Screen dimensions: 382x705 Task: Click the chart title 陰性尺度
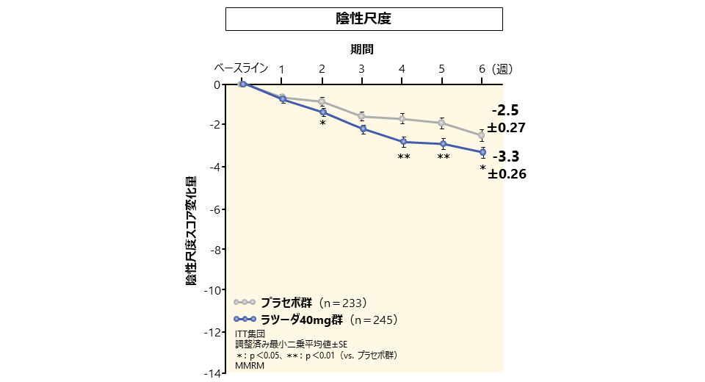364,19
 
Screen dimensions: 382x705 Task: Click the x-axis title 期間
361,50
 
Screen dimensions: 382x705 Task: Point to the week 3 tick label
362,69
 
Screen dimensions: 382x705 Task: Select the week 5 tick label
442,69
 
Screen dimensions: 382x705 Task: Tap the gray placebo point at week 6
482,135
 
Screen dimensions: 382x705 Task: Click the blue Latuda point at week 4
402,142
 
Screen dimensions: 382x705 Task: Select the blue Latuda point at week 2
322,112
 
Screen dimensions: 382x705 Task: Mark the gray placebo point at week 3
362,116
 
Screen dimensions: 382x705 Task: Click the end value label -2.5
505,111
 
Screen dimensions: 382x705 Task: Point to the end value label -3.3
505,156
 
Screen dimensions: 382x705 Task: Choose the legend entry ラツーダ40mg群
303,320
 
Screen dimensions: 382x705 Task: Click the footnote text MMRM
250,365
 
